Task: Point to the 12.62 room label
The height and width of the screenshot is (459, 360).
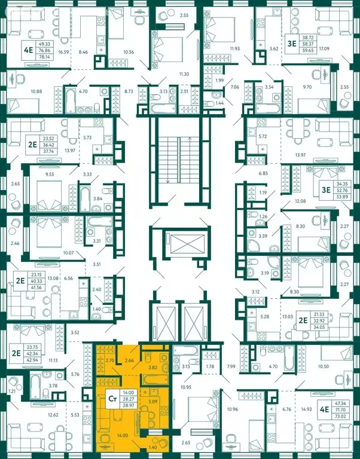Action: point(53,414)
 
